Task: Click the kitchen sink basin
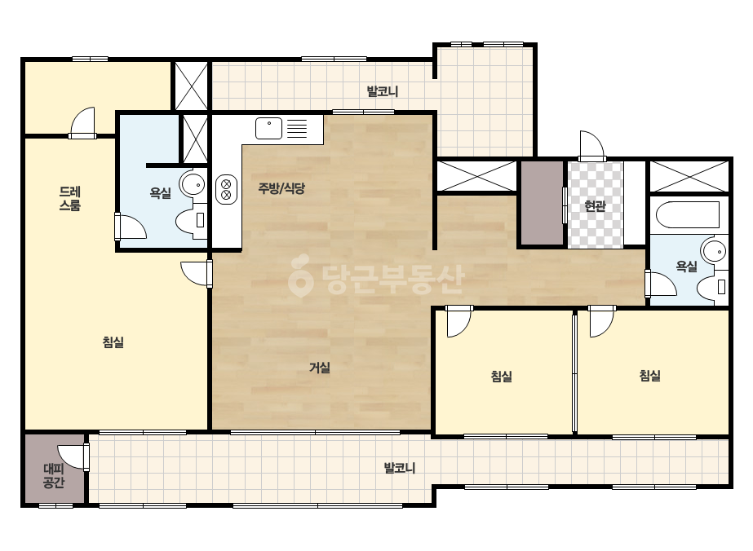point(268,128)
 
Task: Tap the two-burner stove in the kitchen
point(226,189)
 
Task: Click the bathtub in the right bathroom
point(688,215)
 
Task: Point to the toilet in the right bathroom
point(712,287)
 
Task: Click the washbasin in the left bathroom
point(192,184)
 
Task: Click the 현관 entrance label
point(595,206)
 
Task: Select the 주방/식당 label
point(281,188)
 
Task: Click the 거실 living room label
point(319,368)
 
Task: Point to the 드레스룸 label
point(70,199)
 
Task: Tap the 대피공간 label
point(53,476)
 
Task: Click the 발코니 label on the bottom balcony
point(400,468)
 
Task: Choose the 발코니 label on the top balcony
point(383,91)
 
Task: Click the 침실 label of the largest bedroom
point(113,342)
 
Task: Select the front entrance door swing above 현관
point(591,145)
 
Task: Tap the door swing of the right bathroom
point(661,284)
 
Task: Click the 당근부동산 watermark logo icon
point(300,275)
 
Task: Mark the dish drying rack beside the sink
point(297,129)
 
